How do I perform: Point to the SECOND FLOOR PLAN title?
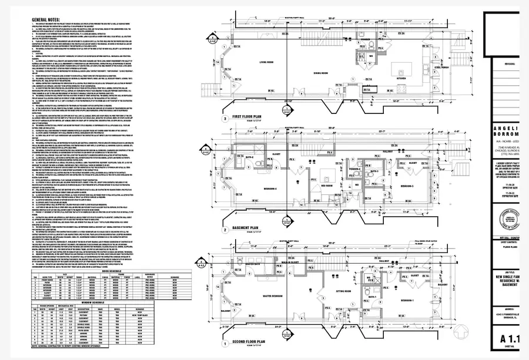point(250,341)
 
